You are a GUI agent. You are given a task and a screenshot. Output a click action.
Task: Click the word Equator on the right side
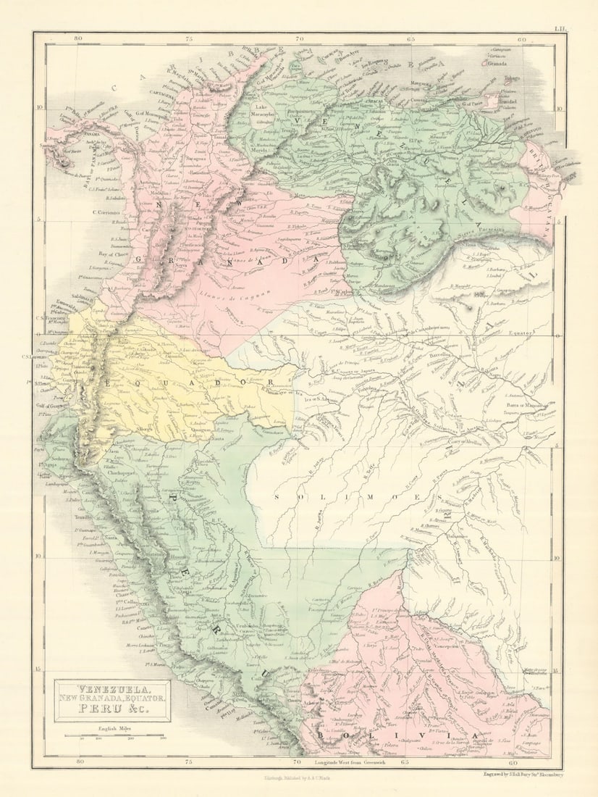[521, 333]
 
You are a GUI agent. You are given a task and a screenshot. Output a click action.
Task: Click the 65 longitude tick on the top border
[410, 41]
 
